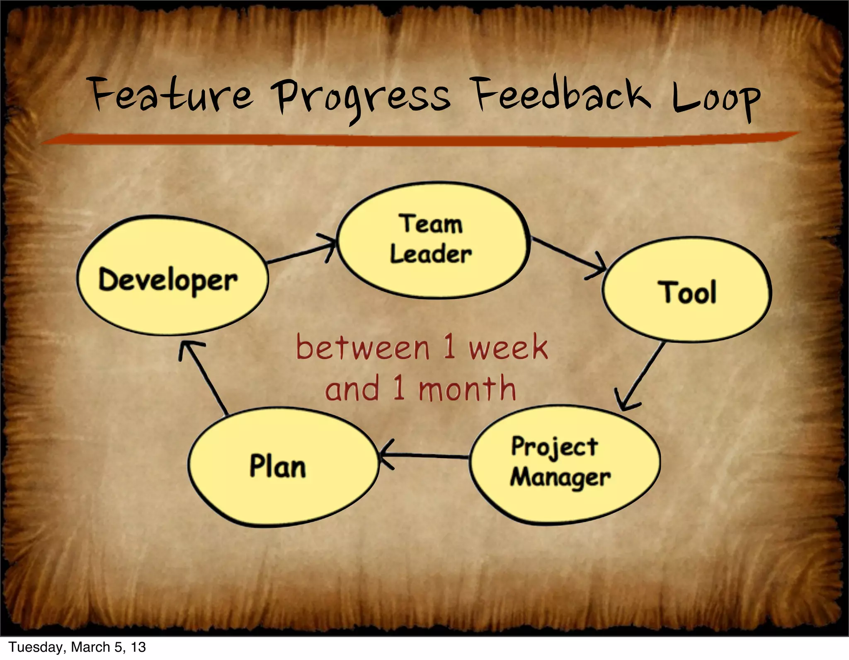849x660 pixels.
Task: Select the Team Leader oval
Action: tap(433, 240)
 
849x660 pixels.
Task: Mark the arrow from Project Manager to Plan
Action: tap(425, 455)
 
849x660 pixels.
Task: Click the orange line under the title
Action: tap(419, 139)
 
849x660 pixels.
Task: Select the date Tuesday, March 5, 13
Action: tap(77, 647)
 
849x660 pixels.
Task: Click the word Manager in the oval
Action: tap(560, 478)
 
